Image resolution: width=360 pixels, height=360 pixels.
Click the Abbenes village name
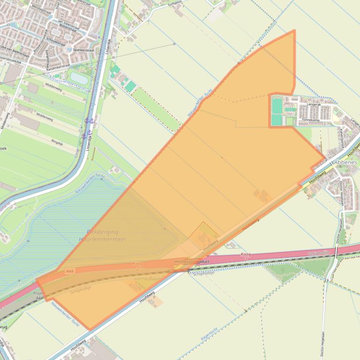click(345, 162)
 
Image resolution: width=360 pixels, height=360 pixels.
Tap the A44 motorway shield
click(70, 271)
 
